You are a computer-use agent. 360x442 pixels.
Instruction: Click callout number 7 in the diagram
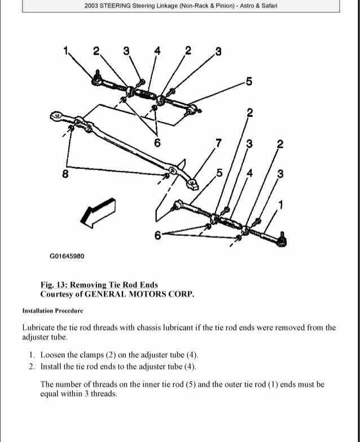219,141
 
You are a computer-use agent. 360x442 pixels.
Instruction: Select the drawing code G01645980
67,256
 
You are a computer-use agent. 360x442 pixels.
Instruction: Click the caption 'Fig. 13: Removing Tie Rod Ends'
99,285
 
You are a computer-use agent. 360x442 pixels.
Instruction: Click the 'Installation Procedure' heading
52,311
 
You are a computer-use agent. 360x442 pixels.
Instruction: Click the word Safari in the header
269,6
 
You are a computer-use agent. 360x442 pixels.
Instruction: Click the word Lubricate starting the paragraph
40,327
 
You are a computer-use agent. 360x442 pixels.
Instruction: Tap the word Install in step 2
52,366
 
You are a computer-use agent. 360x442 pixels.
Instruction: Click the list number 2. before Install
32,366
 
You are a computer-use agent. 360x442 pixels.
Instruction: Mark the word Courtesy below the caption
58,294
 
